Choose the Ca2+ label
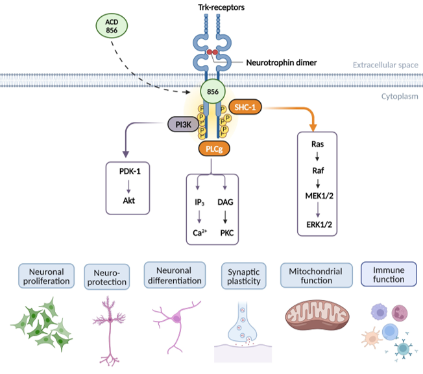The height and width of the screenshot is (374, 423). tap(200, 231)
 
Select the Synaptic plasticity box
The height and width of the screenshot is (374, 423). tap(243, 275)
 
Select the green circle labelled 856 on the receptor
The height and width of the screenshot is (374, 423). tap(212, 91)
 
